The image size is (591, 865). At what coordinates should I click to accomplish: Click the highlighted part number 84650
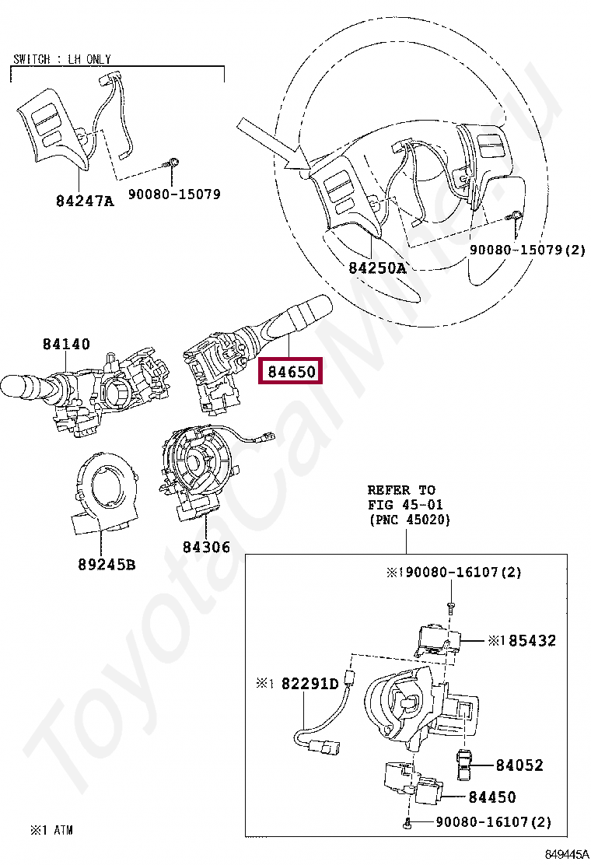[292, 372]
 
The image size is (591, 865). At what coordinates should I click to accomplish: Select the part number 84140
[66, 344]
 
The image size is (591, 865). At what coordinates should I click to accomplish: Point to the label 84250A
[376, 268]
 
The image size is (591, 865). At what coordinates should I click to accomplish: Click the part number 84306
[206, 547]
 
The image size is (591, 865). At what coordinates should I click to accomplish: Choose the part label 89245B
[106, 564]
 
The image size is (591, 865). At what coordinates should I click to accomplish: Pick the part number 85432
[532, 641]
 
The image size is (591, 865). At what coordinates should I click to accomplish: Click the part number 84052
[519, 765]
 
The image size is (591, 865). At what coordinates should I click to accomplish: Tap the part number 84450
[491, 797]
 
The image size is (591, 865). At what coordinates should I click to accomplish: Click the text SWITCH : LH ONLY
[62, 59]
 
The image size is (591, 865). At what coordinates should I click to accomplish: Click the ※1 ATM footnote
[51, 830]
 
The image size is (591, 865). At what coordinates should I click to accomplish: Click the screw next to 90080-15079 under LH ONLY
[173, 163]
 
